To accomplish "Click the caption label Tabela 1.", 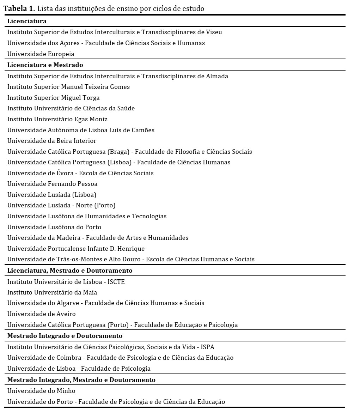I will point(19,9).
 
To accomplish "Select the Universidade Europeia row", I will point(41,54).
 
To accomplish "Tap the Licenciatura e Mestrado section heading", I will point(45,65).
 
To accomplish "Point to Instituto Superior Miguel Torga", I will point(54,98).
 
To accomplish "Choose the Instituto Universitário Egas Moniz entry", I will point(57,119).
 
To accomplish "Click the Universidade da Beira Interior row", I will point(52,141).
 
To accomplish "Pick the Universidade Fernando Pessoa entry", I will point(53,184).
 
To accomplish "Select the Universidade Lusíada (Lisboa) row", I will point(52,195).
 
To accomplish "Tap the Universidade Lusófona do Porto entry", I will point(54,227).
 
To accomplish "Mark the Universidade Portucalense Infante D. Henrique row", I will point(76,249).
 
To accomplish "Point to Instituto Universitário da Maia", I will point(52,292).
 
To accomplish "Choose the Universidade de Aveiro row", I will point(42,314).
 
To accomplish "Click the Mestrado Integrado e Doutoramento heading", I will point(65,336).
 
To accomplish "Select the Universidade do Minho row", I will point(41,391).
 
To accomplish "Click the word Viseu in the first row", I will point(214,32).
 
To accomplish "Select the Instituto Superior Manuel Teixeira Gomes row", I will point(69,87).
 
